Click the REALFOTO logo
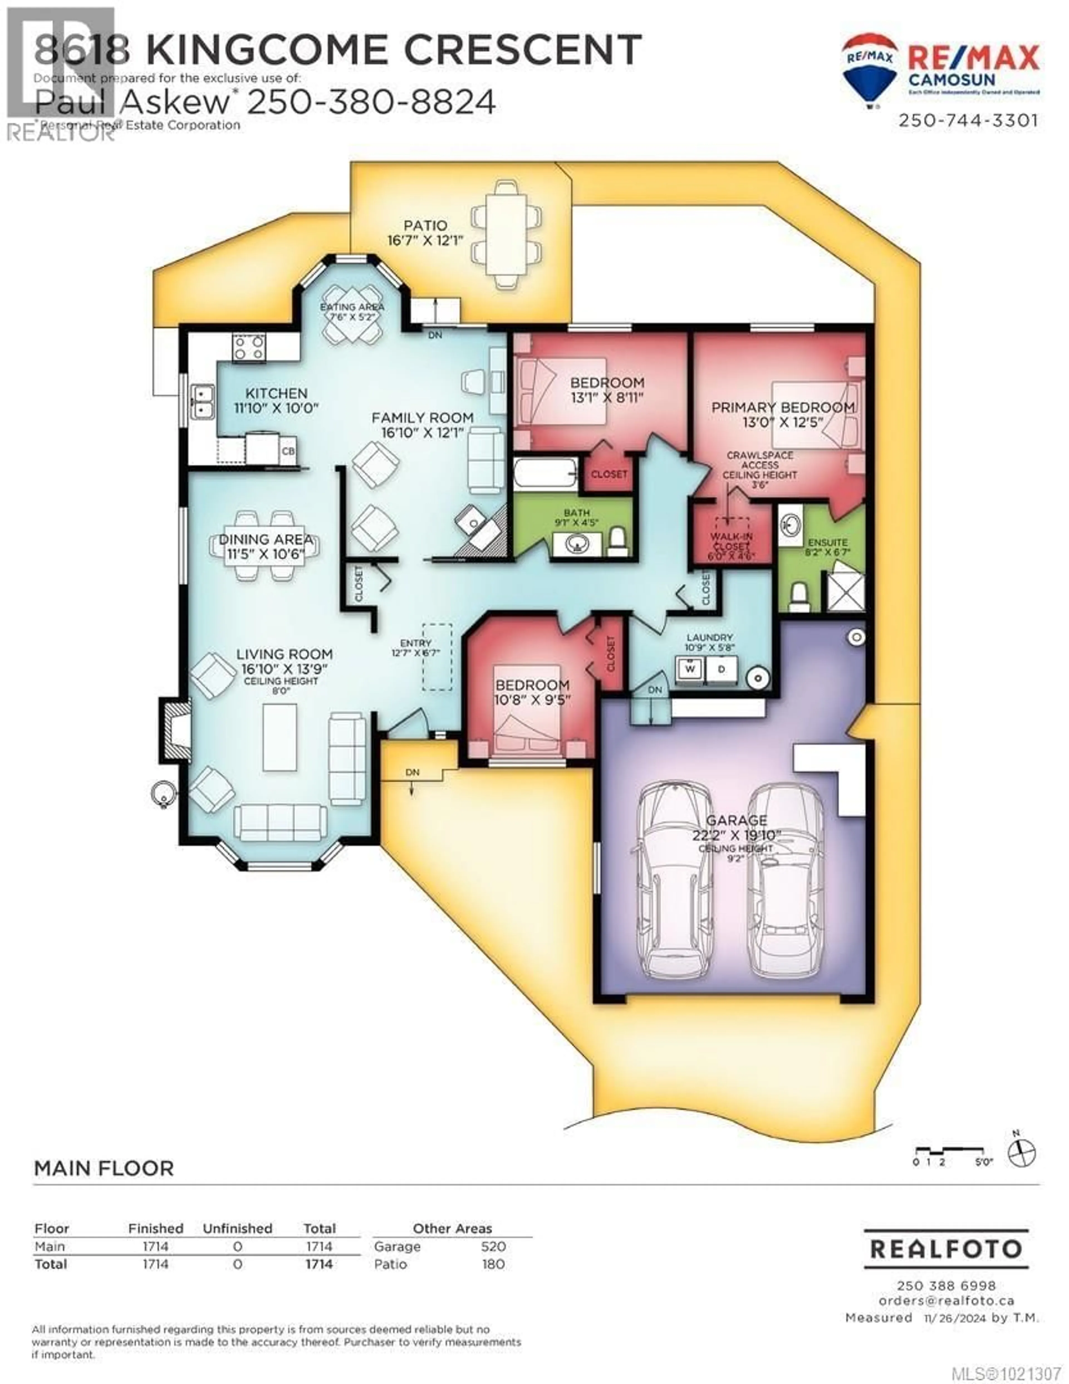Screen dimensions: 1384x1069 [x=946, y=1249]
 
